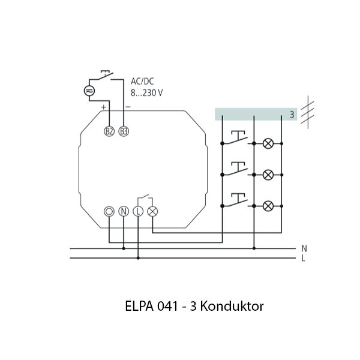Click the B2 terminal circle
click(109, 131)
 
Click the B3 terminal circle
click(124, 131)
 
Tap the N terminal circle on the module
click(124, 211)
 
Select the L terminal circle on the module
click(138, 211)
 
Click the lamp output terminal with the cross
click(152, 211)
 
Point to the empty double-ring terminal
click(109, 211)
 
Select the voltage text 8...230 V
click(146, 92)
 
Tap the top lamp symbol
click(268, 143)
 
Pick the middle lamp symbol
click(268, 175)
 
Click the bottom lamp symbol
click(268, 206)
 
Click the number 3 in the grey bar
click(292, 114)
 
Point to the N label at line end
click(304, 248)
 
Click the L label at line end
click(304, 259)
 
